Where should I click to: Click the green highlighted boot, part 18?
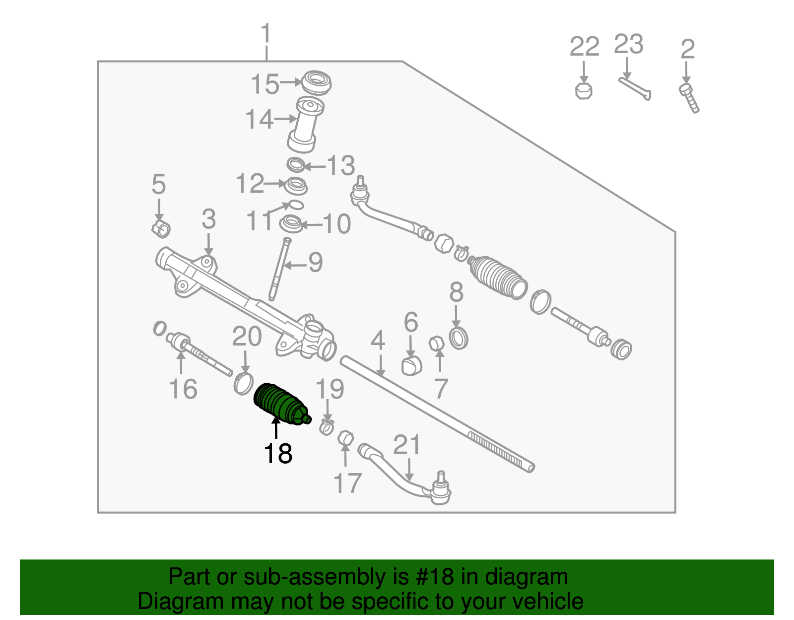pos(279,404)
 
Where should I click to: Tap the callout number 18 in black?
pos(278,454)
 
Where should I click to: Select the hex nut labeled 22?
pos(584,91)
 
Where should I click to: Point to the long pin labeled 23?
pos(635,88)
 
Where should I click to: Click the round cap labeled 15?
pos(316,82)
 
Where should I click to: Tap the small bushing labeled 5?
pos(161,228)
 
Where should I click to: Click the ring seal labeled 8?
pos(459,338)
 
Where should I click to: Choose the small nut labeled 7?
pos(436,343)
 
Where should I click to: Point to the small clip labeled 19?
pos(326,426)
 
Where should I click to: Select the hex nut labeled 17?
pos(345,439)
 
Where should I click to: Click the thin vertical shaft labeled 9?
pos(278,268)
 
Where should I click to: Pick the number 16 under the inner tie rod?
pos(183,389)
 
